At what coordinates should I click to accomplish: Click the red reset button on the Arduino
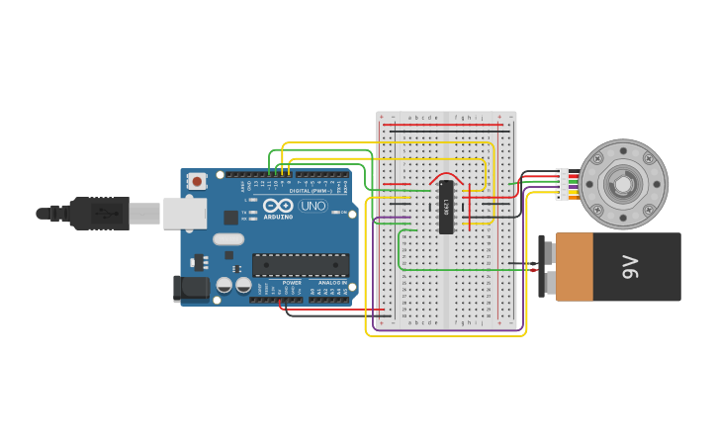[197, 180]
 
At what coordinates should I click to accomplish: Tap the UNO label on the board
[314, 206]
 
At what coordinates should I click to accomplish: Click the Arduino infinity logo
[278, 206]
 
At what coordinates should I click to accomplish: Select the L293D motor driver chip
[446, 207]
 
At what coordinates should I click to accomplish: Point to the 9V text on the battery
[630, 266]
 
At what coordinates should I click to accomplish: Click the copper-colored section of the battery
[574, 266]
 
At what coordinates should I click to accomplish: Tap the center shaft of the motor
[623, 184]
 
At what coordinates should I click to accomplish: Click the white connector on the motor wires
[563, 184]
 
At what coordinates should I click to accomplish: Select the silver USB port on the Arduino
[184, 213]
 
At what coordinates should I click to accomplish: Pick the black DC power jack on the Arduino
[191, 288]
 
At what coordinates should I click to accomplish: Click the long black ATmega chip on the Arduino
[301, 264]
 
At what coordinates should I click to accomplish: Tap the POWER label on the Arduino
[292, 282]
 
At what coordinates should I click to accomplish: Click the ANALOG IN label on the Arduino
[331, 282]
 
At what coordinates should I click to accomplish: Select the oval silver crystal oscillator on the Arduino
[227, 238]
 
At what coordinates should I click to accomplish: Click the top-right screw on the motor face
[649, 158]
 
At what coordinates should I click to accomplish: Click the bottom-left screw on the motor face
[597, 210]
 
